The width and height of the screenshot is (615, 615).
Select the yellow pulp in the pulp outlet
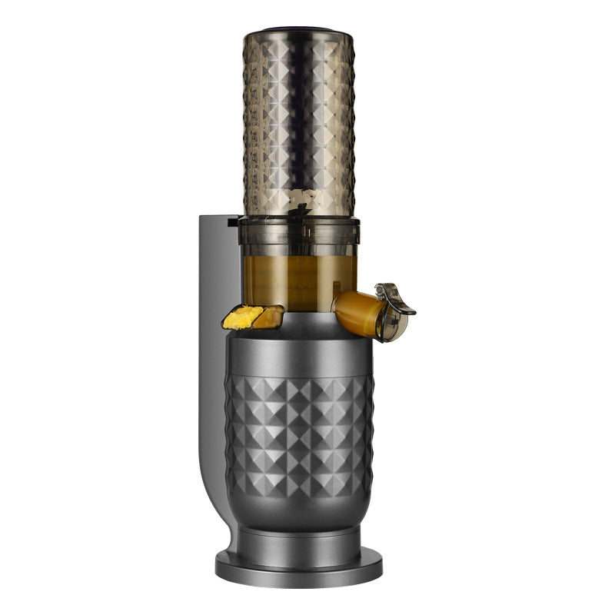(x=241, y=317)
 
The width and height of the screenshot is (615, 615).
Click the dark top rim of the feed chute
(x=299, y=33)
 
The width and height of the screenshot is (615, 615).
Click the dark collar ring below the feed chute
(x=298, y=223)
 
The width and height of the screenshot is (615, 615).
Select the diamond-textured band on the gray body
(x=299, y=430)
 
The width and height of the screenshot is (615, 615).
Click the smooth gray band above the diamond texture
(x=299, y=357)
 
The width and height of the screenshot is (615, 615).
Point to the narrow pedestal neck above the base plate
(x=299, y=538)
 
